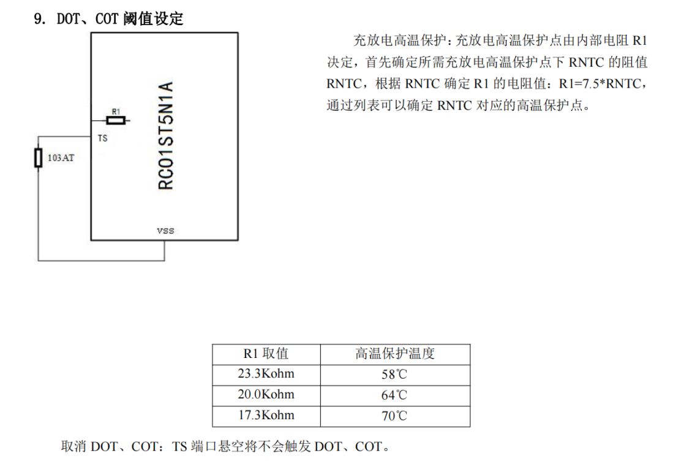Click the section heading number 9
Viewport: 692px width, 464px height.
pyautogui.click(x=39, y=19)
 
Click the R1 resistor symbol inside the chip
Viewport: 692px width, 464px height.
pyautogui.click(x=116, y=120)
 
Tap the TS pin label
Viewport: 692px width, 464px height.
pyautogui.click(x=102, y=139)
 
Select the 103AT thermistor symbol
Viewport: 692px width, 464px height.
pyautogui.click(x=39, y=158)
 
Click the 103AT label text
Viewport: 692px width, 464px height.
pyautogui.click(x=61, y=158)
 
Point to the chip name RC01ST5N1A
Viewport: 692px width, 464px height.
pyautogui.click(x=166, y=135)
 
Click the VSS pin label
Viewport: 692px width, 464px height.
pyautogui.click(x=165, y=230)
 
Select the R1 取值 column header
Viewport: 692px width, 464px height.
pyautogui.click(x=266, y=354)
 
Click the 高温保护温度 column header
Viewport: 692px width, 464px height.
pyautogui.click(x=395, y=354)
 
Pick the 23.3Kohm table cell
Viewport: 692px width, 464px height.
pyautogui.click(x=266, y=374)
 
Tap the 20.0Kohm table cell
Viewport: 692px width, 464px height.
pyautogui.click(x=266, y=395)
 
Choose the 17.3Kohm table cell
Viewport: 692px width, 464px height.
pyautogui.click(x=266, y=416)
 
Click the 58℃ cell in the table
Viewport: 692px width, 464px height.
pyautogui.click(x=394, y=375)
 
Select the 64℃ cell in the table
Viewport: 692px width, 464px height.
pyautogui.click(x=394, y=395)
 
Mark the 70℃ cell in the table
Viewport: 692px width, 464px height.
pyautogui.click(x=394, y=416)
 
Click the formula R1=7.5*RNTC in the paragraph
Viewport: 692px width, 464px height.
pyautogui.click(x=600, y=83)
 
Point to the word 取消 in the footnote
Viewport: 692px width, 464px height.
pyautogui.click(x=73, y=446)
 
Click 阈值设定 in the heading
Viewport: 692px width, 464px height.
pyautogui.click(x=153, y=19)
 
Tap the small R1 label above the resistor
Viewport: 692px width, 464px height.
pyautogui.click(x=116, y=112)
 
